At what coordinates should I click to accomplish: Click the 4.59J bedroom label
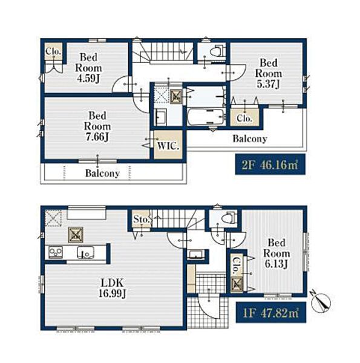point(88,68)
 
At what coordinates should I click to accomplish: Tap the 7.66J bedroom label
point(97,126)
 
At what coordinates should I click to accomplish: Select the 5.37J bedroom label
point(268,73)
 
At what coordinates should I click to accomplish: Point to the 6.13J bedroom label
point(277,253)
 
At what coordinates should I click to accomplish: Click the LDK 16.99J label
point(112,288)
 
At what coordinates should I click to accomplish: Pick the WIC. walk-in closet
point(168,145)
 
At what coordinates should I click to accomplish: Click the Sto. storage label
point(141,219)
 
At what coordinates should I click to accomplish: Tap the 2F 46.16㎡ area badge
point(270,165)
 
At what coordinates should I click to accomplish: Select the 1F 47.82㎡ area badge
point(271,313)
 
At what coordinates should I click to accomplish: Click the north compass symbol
point(321,301)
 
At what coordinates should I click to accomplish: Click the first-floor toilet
point(229,218)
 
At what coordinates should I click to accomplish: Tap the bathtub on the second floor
point(206,117)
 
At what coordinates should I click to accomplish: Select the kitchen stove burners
point(56,252)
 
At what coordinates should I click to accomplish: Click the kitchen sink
point(86,252)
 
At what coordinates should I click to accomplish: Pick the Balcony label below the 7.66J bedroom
point(102,173)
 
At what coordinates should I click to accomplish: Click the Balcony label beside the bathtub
point(250,139)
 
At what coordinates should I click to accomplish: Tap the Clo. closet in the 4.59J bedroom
point(53,51)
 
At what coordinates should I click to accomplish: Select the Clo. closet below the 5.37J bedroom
point(244,117)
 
